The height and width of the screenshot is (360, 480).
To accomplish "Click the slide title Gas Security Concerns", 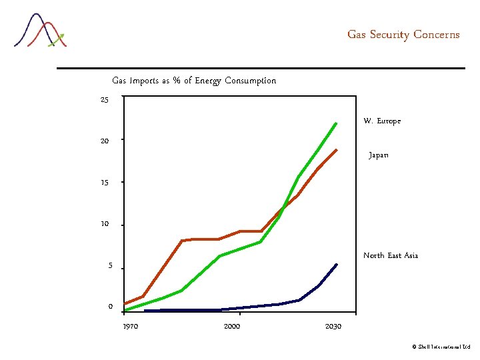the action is [x=403, y=35].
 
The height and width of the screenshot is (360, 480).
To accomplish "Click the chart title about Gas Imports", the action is [x=194, y=81].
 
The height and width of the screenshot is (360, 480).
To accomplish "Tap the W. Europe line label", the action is [x=382, y=121].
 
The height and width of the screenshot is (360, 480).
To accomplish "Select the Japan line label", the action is [x=379, y=155].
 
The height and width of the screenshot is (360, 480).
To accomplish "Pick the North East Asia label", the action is [x=391, y=255].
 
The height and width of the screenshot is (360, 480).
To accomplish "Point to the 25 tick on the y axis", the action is [x=105, y=100].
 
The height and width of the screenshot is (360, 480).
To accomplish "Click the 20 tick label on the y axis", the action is [x=105, y=141].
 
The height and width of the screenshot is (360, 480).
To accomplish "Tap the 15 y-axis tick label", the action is [x=105, y=183].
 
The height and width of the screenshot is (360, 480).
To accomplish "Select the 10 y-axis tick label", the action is [x=105, y=224].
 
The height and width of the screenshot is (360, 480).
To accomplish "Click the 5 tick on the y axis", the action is [x=110, y=266].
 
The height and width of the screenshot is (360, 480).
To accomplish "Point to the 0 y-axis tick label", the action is [x=111, y=307].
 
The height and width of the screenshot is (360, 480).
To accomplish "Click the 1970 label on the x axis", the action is [x=131, y=326].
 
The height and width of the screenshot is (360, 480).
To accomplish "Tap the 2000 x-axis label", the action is [x=232, y=326].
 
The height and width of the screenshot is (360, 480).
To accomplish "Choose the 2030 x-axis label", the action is [x=333, y=326].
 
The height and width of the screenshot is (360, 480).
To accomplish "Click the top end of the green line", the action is [x=336, y=123].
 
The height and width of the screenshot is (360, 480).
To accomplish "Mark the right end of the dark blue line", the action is [x=337, y=265].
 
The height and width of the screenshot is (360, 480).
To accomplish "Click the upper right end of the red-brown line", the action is [x=337, y=150].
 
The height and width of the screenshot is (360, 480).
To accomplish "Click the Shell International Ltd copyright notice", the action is [x=441, y=347].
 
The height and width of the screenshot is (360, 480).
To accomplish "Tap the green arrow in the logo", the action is [x=56, y=40].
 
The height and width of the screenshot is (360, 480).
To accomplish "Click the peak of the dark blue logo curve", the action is [x=36, y=14].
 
